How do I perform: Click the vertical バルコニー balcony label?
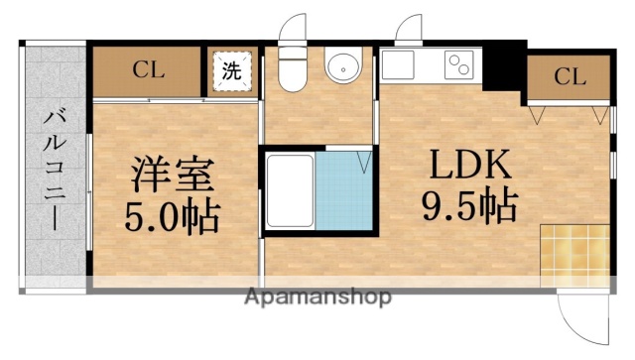point(52,170)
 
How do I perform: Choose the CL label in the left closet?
point(149,70)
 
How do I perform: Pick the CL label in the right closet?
point(569,76)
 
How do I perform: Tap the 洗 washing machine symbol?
point(230,71)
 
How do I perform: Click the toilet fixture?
point(293,68)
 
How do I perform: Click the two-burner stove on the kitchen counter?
point(459,66)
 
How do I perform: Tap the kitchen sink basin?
point(403,66)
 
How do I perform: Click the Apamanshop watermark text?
point(317,297)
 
